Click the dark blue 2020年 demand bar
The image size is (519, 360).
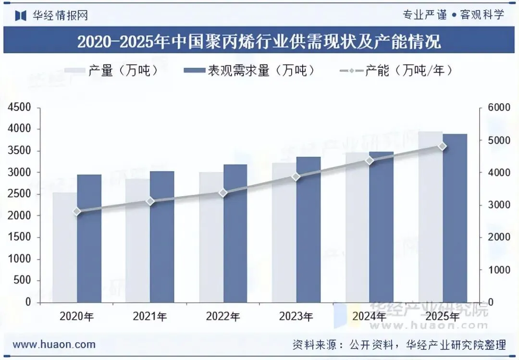point(89,238)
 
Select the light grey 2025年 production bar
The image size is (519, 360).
point(431,217)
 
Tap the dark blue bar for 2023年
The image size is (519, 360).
point(309,230)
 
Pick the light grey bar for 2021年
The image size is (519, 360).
point(138,240)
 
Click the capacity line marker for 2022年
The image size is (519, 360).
point(223,193)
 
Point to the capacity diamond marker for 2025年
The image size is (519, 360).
point(443,147)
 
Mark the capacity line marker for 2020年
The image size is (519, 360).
point(77,211)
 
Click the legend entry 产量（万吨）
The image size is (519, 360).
point(112,70)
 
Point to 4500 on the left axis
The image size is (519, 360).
point(19,107)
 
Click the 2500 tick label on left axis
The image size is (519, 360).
point(19,194)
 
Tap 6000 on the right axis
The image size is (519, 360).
point(499,107)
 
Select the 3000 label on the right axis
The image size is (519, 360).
point(499,205)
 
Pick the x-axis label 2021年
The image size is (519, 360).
point(150,317)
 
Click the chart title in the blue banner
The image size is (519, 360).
point(259,41)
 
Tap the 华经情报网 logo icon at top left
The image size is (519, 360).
point(21,15)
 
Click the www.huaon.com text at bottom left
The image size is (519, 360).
point(54,345)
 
